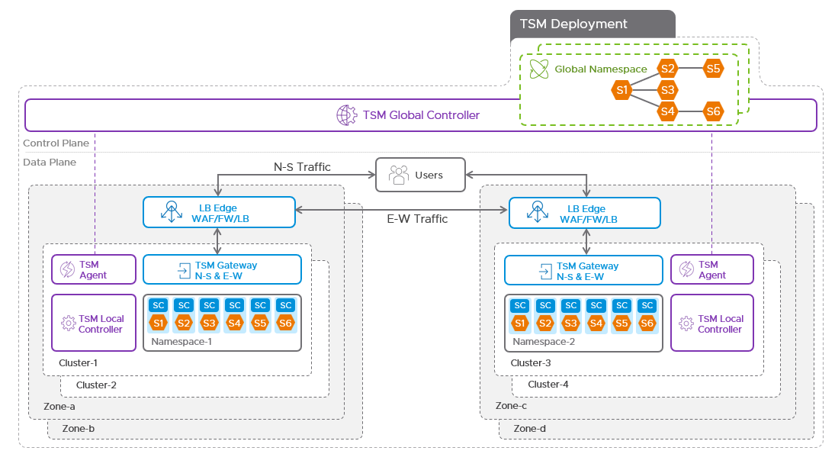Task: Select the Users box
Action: (419, 175)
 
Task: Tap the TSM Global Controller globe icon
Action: (347, 115)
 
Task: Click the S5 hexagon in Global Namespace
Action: (713, 69)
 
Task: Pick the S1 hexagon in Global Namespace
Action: (622, 90)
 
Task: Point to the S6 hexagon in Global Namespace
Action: (713, 111)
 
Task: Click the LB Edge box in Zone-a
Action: (219, 212)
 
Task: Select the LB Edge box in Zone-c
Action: (585, 212)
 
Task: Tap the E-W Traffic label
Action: (417, 219)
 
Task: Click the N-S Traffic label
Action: (302, 167)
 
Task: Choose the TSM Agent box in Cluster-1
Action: (94, 269)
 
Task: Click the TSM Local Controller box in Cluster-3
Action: (711, 323)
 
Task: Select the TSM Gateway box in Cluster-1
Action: (222, 270)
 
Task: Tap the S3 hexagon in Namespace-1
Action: (209, 323)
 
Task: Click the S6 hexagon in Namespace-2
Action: (647, 323)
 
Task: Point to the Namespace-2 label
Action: (544, 342)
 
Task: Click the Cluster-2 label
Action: (96, 385)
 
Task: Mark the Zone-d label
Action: (530, 429)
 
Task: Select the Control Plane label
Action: (56, 143)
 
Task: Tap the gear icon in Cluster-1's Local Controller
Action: (68, 324)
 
